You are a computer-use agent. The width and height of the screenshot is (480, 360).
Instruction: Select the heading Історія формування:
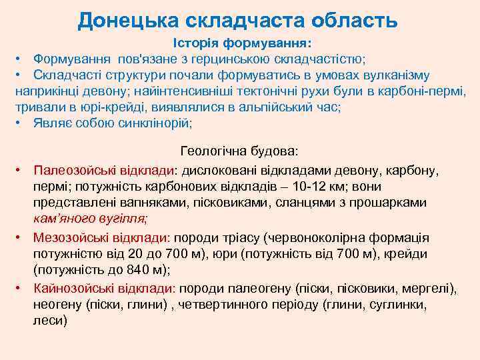click(241, 43)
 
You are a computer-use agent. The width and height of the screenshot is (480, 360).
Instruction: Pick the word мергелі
click(429, 288)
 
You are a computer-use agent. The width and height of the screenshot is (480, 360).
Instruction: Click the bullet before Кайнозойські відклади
click(21, 288)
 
